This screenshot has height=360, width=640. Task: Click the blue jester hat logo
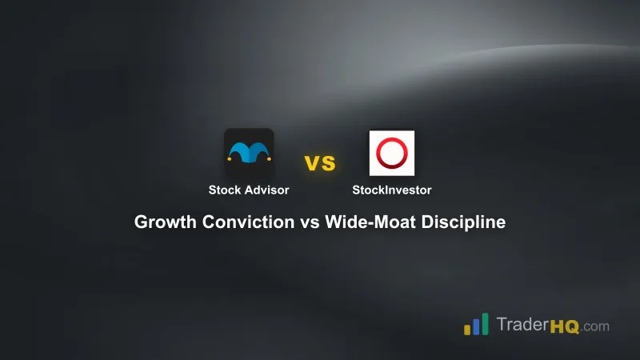249,152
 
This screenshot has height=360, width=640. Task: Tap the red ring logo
391,153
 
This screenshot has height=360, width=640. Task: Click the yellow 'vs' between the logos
320,163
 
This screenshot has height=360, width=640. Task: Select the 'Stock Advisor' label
249,190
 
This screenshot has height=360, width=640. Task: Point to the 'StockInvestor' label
391,190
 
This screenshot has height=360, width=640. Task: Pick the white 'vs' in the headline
310,222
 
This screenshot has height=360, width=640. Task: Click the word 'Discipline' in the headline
467,222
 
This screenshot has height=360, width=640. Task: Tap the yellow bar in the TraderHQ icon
466,329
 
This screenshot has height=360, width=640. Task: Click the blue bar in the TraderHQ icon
475,326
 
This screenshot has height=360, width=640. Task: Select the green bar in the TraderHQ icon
485,322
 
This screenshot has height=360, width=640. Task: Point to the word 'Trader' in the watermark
521,326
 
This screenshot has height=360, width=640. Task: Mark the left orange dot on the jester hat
229,158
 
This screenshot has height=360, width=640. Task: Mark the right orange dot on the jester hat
269,158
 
